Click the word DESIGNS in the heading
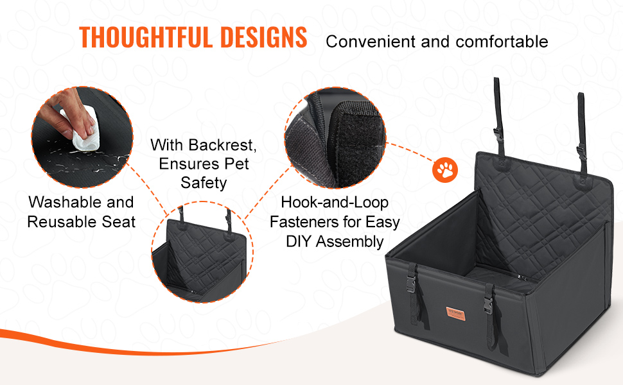click(x=263, y=37)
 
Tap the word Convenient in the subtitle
click(x=371, y=41)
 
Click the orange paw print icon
click(x=445, y=170)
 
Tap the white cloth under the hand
click(x=85, y=131)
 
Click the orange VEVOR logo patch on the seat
click(x=456, y=313)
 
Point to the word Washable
click(x=65, y=202)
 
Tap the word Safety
click(x=204, y=183)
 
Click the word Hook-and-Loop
click(x=335, y=202)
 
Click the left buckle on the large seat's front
click(x=411, y=284)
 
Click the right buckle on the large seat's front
click(x=488, y=305)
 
